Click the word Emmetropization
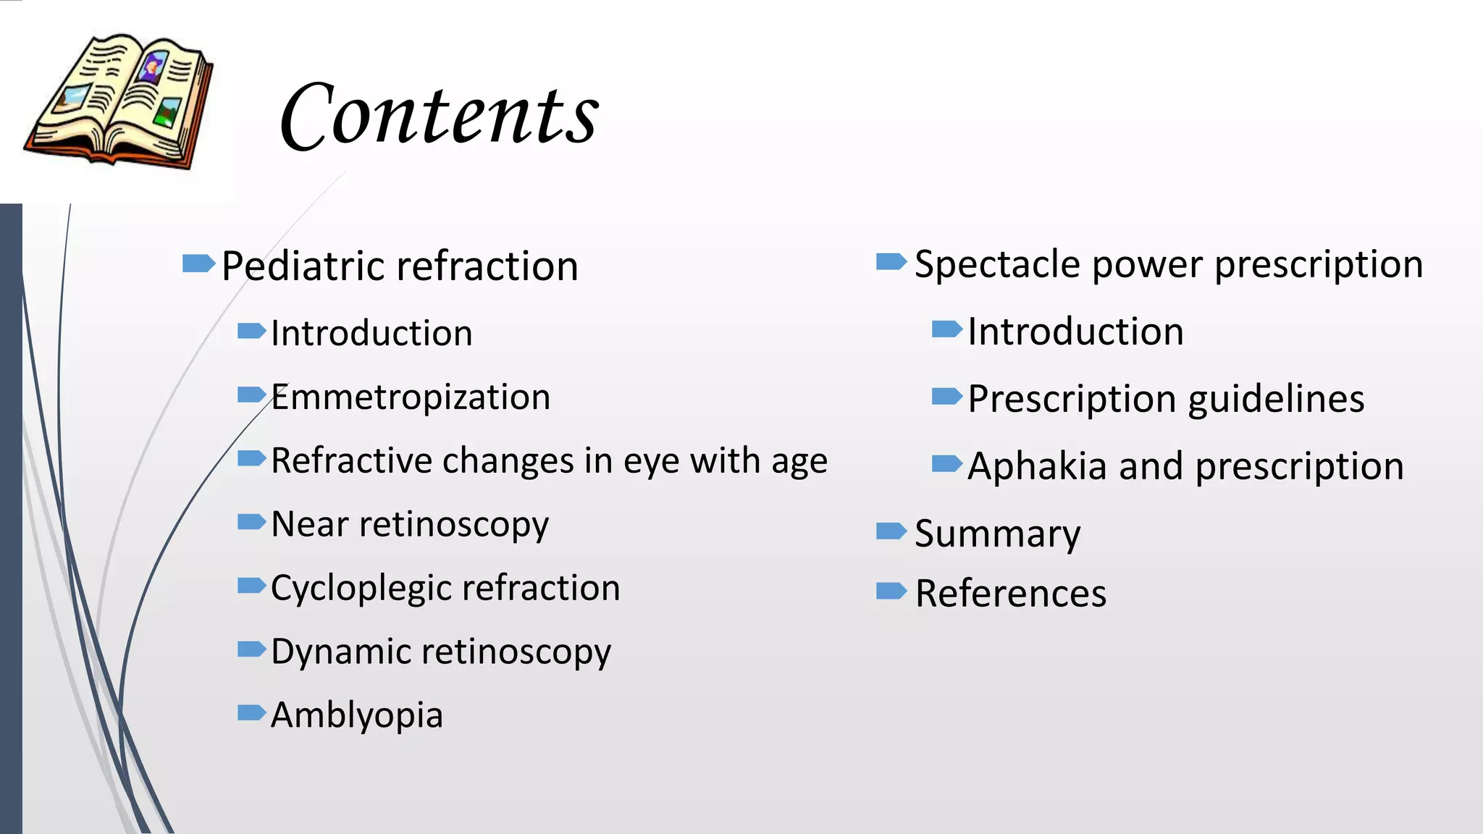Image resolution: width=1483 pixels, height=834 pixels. coord(411,397)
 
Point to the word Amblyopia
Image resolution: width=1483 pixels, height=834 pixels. coord(356,715)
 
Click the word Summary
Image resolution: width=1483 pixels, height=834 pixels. coord(997,534)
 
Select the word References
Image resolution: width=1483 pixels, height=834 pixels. coord(1010,594)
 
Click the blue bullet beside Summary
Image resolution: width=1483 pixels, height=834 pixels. coord(891,532)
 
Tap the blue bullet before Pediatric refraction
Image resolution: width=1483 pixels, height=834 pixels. coord(198,264)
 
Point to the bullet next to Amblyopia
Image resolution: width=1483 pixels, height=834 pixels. coord(252,713)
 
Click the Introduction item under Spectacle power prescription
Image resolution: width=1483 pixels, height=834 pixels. coord(1075,332)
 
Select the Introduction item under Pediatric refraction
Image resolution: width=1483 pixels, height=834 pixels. coord(371,334)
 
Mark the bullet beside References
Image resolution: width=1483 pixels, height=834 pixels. coord(891,591)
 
